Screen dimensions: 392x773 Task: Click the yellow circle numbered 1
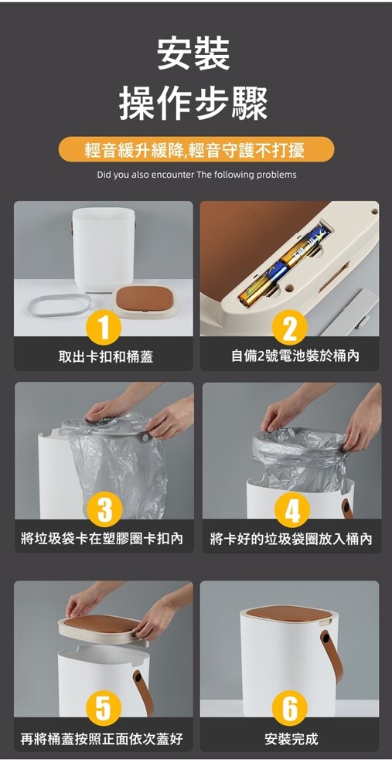click(103, 327)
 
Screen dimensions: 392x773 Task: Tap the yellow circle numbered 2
click(289, 327)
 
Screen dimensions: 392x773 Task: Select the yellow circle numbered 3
click(103, 509)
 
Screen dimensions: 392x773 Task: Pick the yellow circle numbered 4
click(292, 509)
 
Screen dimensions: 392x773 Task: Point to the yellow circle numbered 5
click(103, 708)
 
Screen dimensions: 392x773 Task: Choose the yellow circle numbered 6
click(289, 708)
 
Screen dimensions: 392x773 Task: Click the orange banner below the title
click(196, 149)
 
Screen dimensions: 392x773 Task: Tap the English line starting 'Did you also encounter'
click(196, 175)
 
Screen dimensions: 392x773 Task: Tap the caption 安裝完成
click(291, 738)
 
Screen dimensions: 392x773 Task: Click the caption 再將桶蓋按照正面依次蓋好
click(102, 738)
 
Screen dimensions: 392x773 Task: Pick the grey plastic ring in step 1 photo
click(59, 305)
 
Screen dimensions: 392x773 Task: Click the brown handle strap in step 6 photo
click(332, 656)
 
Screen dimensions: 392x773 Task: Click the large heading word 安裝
click(194, 54)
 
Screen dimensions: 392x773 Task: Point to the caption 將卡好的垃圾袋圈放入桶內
click(291, 538)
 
